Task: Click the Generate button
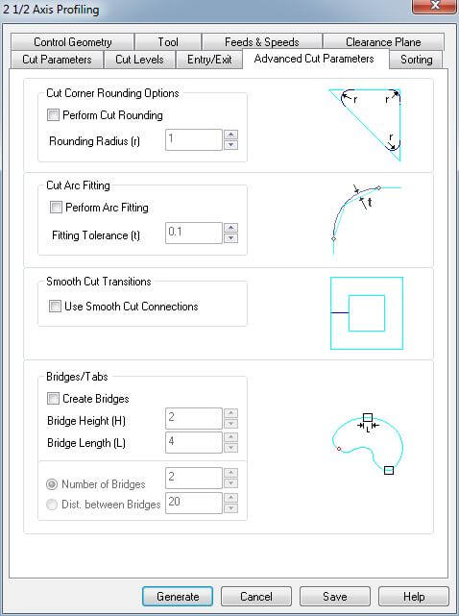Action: [x=178, y=597]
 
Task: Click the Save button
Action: [x=334, y=597]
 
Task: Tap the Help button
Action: [x=414, y=597]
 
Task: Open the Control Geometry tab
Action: [x=73, y=41]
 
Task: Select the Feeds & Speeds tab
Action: [x=262, y=41]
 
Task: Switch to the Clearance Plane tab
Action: [x=383, y=41]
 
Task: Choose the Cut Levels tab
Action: [x=139, y=60]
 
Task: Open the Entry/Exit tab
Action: [x=209, y=60]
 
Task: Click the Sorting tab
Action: [x=416, y=60]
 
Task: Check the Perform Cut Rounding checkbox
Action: [x=53, y=115]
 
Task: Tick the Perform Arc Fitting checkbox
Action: [x=56, y=207]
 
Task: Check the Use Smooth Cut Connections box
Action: [x=55, y=306]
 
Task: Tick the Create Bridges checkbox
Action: [x=53, y=399]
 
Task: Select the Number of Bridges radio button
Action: [x=52, y=484]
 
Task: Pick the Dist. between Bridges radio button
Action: [x=52, y=505]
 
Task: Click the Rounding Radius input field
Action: [x=194, y=139]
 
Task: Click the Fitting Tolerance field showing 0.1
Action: [x=194, y=233]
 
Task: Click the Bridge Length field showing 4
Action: [x=194, y=442]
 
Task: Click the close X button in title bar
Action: [x=435, y=6]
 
